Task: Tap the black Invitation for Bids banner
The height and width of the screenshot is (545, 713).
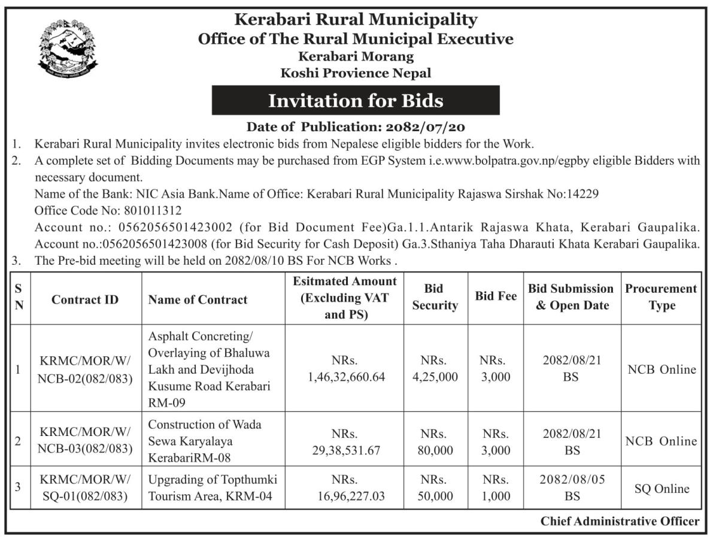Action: coord(356,100)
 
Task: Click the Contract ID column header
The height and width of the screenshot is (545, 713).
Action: coord(84,299)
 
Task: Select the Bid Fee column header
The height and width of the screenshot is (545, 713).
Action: coord(496,296)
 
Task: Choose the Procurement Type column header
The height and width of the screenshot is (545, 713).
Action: coord(661,297)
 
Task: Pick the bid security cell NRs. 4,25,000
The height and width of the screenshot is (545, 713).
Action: coord(435,369)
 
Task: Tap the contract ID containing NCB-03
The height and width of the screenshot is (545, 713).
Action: coord(84,441)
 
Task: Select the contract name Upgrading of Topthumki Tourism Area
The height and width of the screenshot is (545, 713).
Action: coord(213,488)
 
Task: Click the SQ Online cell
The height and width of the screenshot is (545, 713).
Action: coord(662,489)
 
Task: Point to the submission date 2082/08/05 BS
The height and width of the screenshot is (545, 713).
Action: coord(572,488)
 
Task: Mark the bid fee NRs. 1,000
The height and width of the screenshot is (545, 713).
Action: coord(495,488)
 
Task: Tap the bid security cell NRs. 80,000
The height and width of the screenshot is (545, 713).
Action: coord(435,441)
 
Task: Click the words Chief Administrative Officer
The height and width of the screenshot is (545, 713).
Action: coord(620,522)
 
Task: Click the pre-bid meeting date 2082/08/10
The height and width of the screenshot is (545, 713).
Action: coord(256,261)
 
